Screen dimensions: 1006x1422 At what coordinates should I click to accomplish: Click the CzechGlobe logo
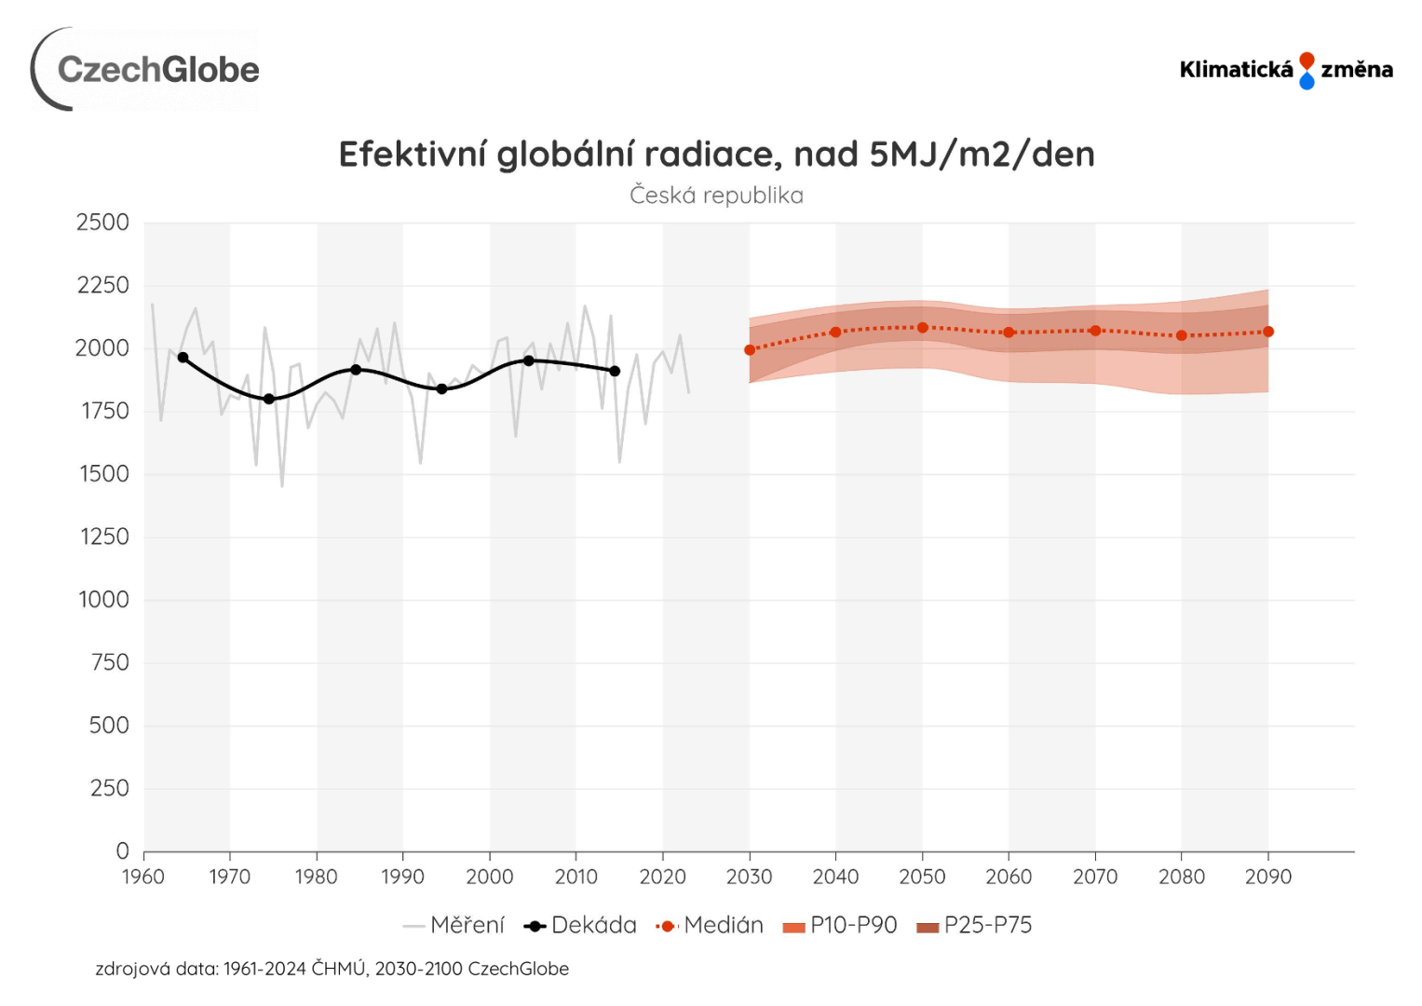(146, 69)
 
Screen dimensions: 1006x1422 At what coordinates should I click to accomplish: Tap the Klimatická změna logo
(1285, 70)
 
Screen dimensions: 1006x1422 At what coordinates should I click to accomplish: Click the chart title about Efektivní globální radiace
(716, 155)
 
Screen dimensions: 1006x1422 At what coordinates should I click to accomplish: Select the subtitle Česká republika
(716, 196)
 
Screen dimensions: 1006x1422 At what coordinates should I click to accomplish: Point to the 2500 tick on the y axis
(102, 223)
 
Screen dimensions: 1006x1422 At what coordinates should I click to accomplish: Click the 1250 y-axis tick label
(102, 537)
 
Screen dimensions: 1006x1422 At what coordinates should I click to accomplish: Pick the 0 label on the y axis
(122, 850)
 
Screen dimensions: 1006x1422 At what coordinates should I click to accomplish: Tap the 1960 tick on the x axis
(143, 877)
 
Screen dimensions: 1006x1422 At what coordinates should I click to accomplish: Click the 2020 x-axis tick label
(662, 877)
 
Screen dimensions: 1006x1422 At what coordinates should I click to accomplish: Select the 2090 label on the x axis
(1268, 877)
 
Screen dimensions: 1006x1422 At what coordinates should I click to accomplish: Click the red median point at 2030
(750, 350)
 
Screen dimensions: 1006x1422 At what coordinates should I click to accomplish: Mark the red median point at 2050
(923, 328)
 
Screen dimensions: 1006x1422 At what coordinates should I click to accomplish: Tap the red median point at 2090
(1268, 332)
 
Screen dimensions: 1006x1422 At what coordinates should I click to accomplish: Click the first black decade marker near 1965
(183, 358)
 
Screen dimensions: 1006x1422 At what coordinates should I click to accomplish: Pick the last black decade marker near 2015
(615, 371)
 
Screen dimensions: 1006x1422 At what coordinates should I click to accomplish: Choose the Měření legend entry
(454, 925)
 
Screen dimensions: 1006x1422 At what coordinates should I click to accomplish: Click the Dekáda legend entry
(581, 925)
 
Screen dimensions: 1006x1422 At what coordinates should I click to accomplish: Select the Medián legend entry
(711, 925)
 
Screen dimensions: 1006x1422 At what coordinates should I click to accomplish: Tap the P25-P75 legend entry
(975, 925)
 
